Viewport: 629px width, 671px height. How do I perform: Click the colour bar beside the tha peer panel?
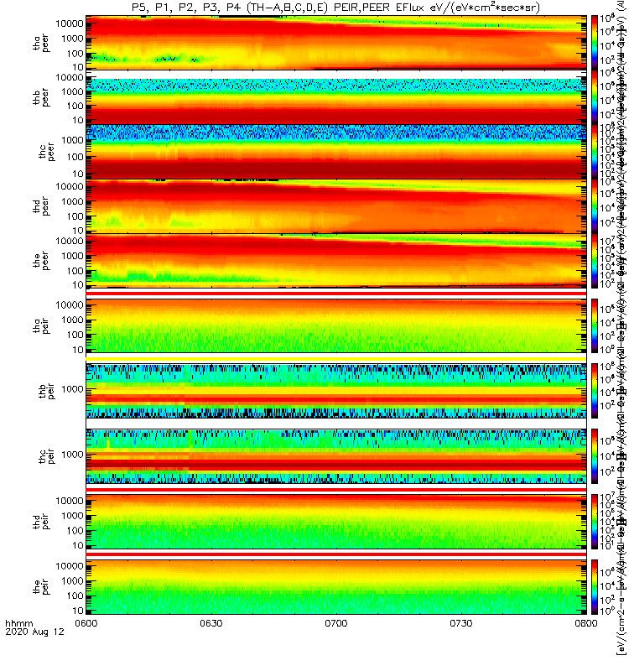595,42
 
